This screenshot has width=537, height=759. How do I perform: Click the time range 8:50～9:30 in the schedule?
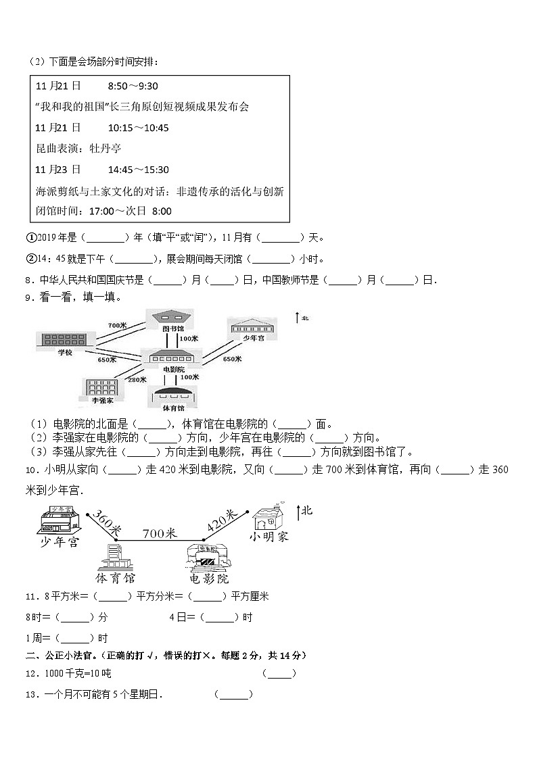pyautogui.click(x=133, y=86)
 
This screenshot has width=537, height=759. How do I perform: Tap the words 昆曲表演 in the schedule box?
pyautogui.click(x=60, y=148)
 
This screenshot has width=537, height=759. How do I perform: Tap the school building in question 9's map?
pyautogui.click(x=62, y=339)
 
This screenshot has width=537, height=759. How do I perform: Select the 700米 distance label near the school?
pyautogui.click(x=117, y=325)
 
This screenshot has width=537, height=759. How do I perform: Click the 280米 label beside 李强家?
pyautogui.click(x=137, y=379)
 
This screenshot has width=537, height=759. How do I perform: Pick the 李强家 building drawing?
pyautogui.click(x=99, y=388)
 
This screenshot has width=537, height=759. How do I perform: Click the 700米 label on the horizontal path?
pyautogui.click(x=159, y=533)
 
